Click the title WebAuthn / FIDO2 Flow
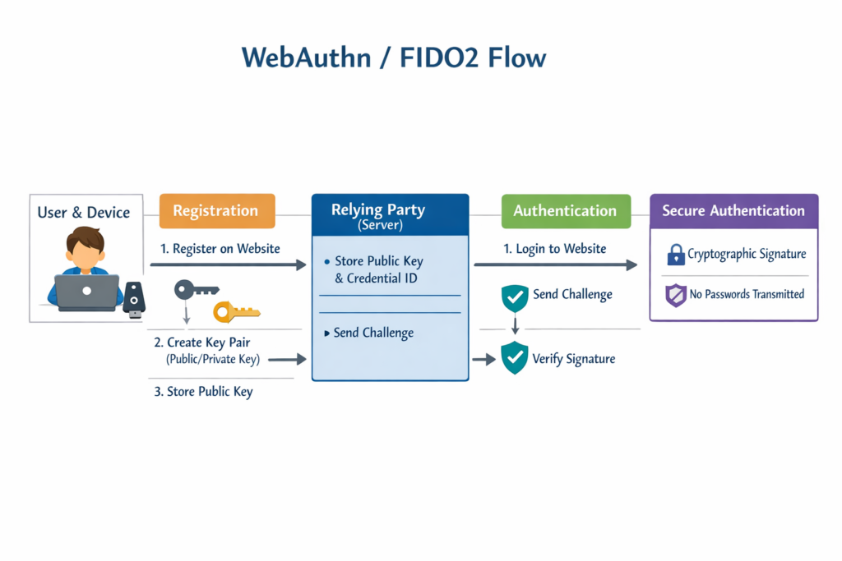(x=394, y=58)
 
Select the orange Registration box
(x=216, y=210)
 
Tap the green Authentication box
(x=565, y=211)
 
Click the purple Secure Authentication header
(x=733, y=210)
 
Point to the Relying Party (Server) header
(x=390, y=214)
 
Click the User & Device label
(x=84, y=213)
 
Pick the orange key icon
(x=236, y=311)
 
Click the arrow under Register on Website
(x=228, y=265)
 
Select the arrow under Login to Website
(x=555, y=264)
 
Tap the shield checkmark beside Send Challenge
(x=515, y=297)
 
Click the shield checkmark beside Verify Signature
(x=515, y=358)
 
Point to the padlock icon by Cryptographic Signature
(x=676, y=255)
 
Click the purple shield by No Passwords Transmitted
(x=675, y=294)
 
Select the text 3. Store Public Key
(x=203, y=392)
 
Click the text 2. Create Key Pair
(x=201, y=343)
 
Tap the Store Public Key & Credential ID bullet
(x=378, y=269)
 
